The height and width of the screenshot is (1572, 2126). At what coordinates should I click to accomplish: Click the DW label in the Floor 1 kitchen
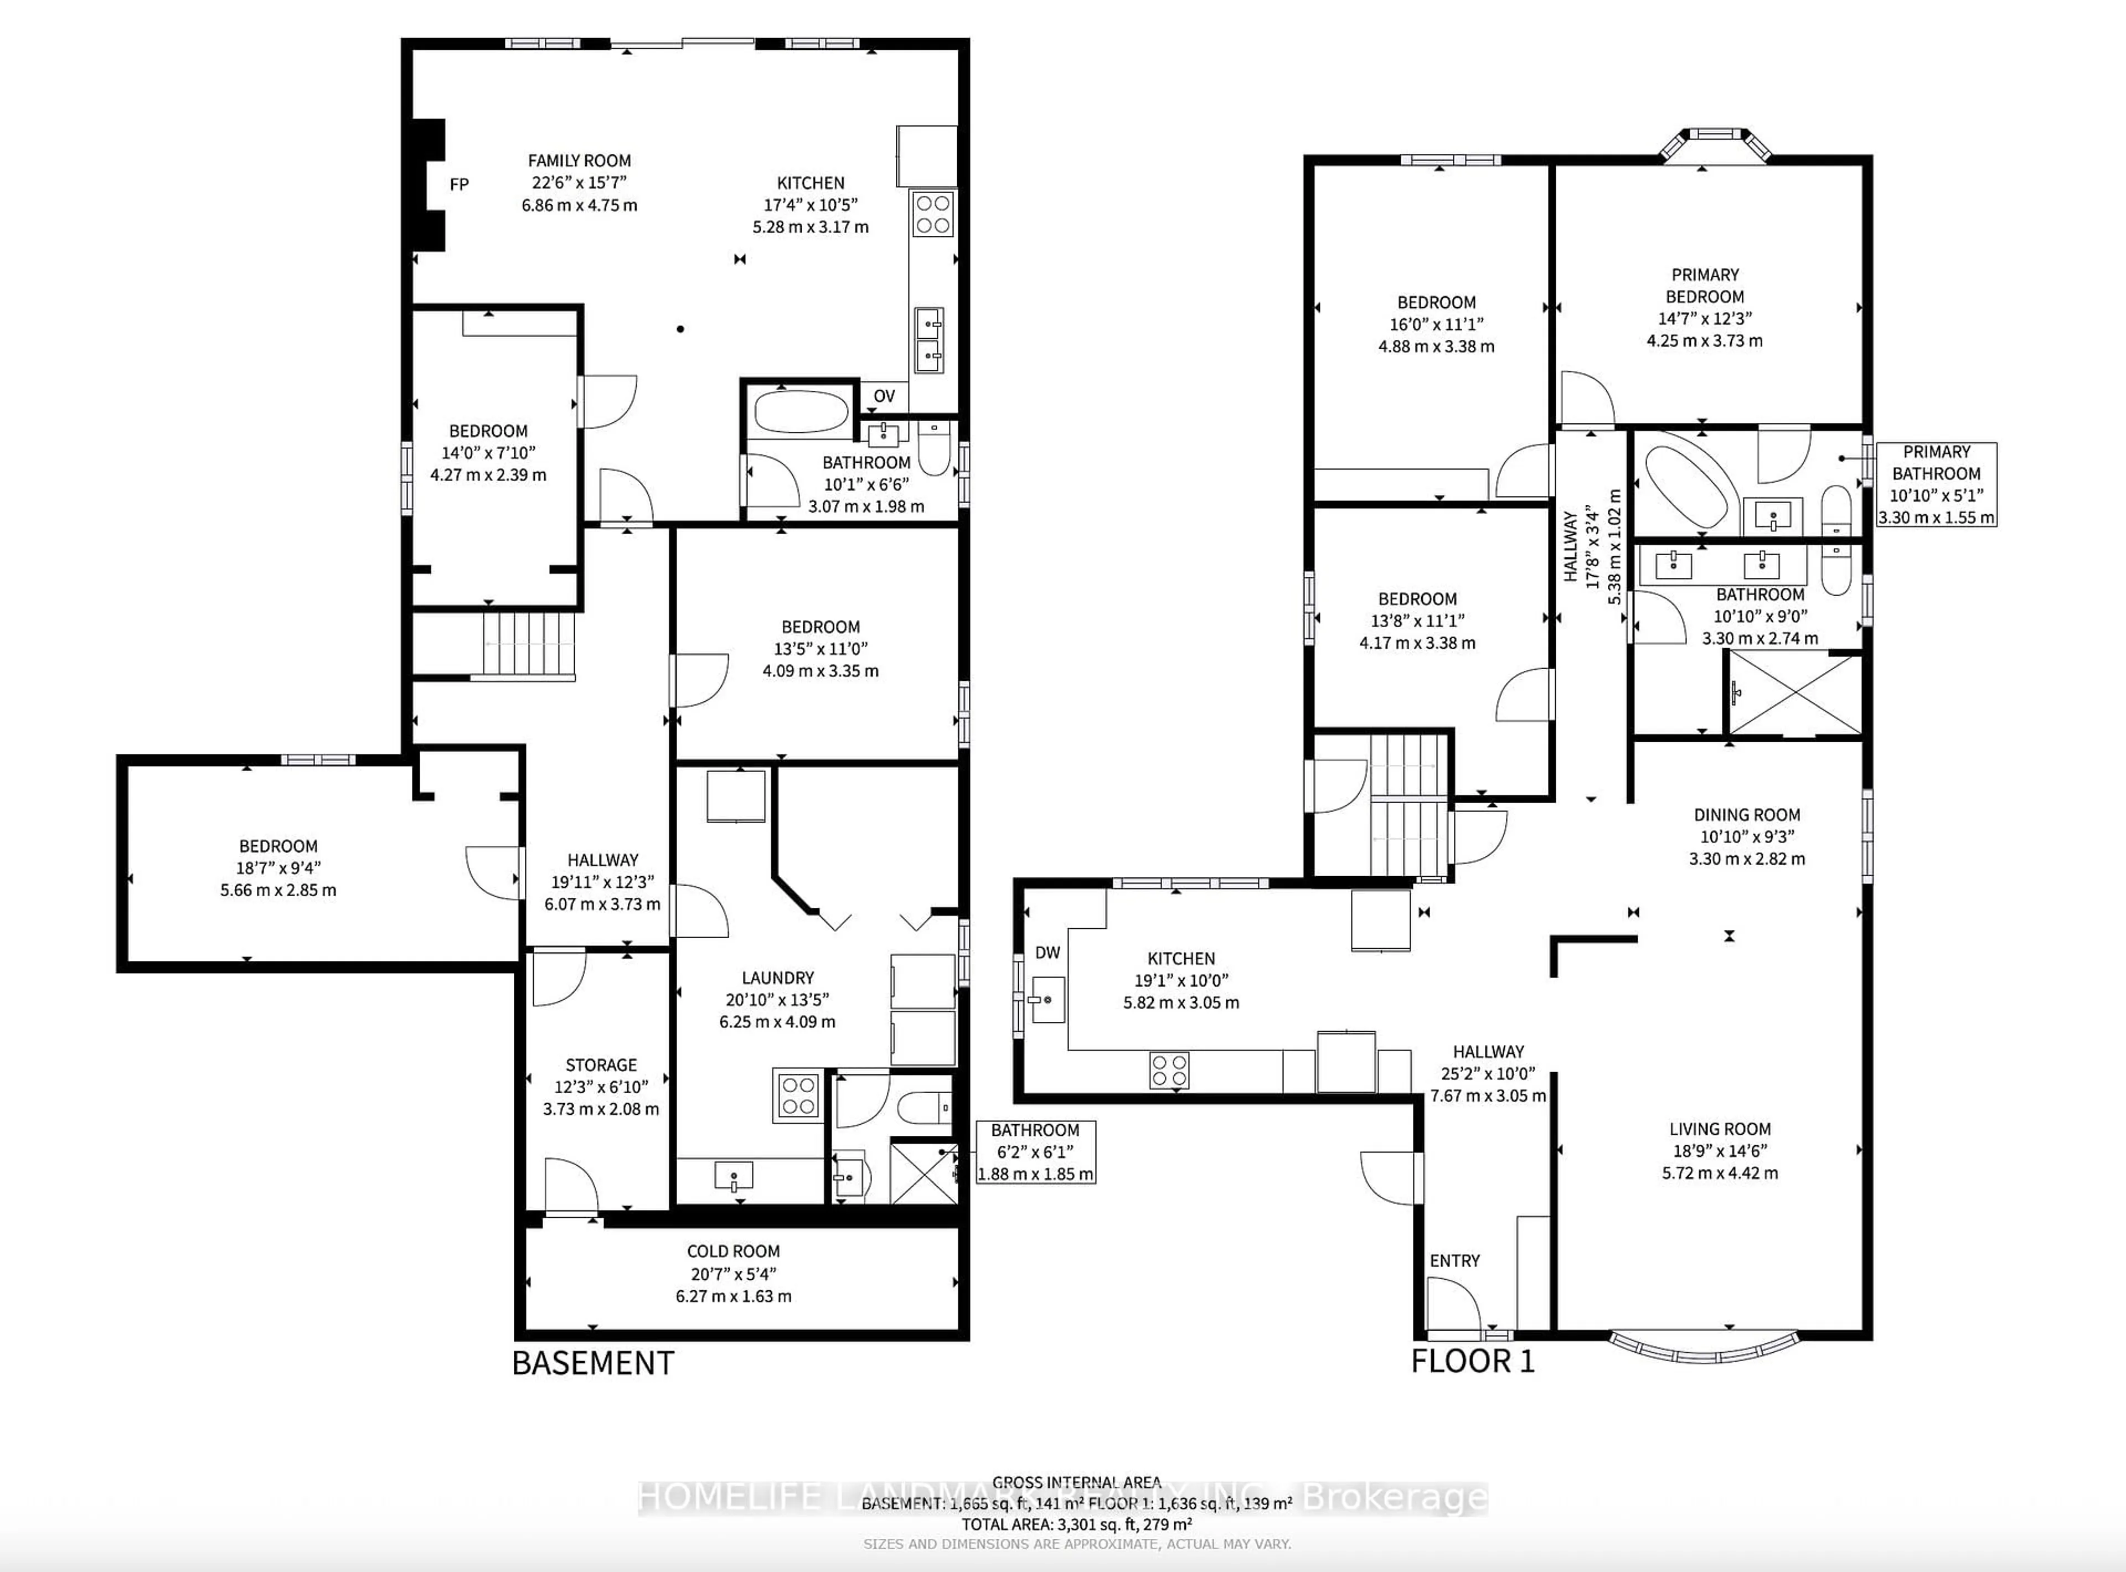click(1047, 953)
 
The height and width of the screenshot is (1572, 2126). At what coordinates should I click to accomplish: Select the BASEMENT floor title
click(593, 1363)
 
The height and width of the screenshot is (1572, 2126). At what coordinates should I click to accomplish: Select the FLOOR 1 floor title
click(1472, 1361)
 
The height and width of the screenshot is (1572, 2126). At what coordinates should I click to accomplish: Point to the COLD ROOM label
click(733, 1252)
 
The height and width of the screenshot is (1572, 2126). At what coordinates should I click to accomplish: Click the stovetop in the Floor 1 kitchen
click(1169, 1069)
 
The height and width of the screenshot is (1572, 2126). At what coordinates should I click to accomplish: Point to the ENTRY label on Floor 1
click(1454, 1261)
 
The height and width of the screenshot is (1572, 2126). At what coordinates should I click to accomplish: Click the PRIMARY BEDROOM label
click(1705, 286)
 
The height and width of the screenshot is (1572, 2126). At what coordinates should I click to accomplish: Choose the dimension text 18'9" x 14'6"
click(1720, 1150)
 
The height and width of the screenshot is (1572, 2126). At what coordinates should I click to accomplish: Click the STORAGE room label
click(601, 1065)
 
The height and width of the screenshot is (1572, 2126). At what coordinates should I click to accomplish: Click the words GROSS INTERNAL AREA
click(1076, 1482)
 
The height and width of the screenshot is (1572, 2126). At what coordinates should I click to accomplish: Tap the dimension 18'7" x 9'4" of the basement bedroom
click(278, 868)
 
